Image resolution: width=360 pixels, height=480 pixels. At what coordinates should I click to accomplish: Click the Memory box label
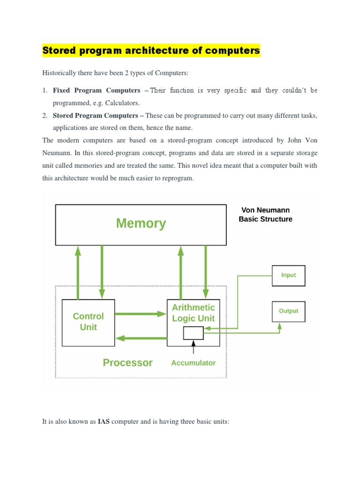click(x=141, y=224)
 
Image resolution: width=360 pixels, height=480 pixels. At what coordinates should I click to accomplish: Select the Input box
click(x=288, y=275)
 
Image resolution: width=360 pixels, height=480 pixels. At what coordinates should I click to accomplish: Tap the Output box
click(x=288, y=311)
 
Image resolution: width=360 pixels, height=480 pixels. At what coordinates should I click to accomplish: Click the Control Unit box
click(x=88, y=322)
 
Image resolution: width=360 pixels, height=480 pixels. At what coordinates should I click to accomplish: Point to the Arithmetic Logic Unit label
click(x=193, y=313)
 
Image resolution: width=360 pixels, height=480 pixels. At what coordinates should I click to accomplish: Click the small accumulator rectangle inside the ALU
click(x=193, y=333)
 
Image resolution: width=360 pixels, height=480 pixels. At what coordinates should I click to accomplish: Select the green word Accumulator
click(x=193, y=363)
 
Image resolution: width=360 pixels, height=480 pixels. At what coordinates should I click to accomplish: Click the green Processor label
click(x=127, y=363)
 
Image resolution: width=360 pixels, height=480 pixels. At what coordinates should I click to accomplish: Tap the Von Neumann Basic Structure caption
click(x=265, y=215)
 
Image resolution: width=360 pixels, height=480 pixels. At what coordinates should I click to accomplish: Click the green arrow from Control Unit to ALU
click(x=141, y=314)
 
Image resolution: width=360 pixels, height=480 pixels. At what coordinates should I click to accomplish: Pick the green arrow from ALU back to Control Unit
click(x=141, y=337)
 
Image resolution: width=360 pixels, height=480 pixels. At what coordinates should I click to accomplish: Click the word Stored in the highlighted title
click(x=59, y=51)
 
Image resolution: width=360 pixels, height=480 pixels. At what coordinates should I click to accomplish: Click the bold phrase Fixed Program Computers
click(x=97, y=90)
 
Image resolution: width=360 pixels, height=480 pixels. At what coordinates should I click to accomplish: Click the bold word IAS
click(x=104, y=422)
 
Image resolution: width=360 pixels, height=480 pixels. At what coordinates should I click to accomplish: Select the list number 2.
click(x=45, y=116)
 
